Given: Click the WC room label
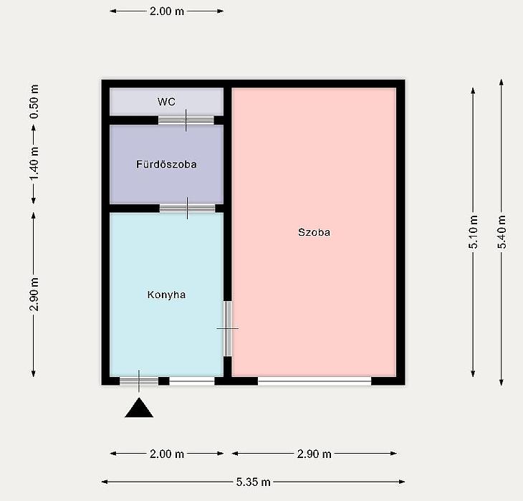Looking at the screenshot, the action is click(166, 102).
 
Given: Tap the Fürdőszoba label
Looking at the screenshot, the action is click(166, 164).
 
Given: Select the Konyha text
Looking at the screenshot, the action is click(166, 295).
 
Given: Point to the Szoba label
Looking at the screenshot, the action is click(314, 232).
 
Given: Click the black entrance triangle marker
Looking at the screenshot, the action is click(139, 408).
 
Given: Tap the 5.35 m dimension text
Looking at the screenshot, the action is click(253, 482).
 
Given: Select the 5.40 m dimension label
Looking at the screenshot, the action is click(502, 232).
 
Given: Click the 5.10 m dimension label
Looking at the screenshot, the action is click(474, 232).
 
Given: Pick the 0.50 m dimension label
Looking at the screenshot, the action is click(34, 102).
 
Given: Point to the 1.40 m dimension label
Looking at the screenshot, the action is click(34, 163).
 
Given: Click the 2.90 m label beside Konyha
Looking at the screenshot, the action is click(34, 294).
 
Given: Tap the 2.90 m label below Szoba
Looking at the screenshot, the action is click(314, 454).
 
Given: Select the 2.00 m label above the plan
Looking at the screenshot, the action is click(166, 11).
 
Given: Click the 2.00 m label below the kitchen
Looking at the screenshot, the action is click(166, 454).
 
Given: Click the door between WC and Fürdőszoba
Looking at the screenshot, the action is click(186, 120).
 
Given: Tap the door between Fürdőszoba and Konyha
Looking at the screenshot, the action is click(187, 209).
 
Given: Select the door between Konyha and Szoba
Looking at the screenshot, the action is click(228, 329).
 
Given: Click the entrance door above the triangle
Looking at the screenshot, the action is click(139, 381).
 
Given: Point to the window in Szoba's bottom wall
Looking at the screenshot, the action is click(315, 381).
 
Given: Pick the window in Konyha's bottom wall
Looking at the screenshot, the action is click(192, 381).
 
